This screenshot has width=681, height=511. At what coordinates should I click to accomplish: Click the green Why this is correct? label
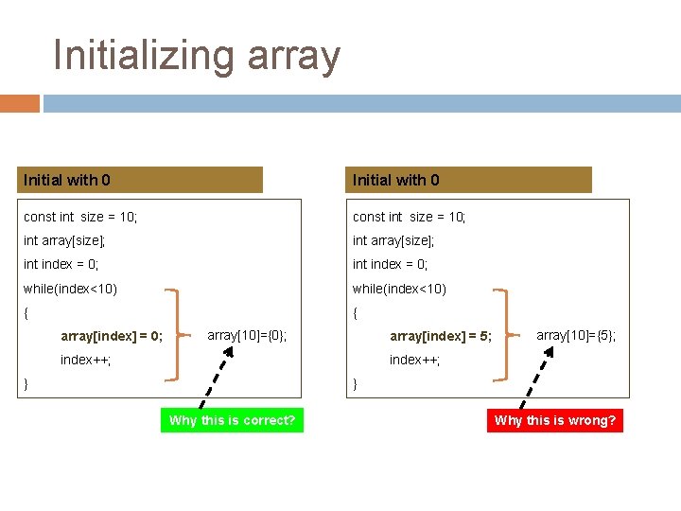(232, 420)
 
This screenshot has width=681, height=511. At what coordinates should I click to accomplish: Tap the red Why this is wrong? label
(555, 420)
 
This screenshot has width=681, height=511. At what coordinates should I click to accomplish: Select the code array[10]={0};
(247, 335)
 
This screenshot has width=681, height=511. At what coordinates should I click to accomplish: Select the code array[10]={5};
(576, 335)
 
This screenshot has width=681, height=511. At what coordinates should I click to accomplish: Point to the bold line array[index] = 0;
(112, 336)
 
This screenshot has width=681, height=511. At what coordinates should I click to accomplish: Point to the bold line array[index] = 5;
(441, 336)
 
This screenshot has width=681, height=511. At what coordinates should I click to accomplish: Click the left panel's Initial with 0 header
(142, 180)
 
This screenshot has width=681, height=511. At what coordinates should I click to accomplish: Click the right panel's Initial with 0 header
(471, 180)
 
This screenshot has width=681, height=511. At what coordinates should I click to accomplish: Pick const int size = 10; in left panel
(80, 218)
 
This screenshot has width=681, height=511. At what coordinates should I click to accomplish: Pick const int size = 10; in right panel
(410, 218)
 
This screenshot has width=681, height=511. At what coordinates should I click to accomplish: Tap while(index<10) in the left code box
(70, 289)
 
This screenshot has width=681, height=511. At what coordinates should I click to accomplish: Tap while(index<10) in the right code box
(399, 289)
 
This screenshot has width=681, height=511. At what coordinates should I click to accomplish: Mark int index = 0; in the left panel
(61, 265)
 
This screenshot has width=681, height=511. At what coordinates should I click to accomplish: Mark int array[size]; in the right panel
(393, 241)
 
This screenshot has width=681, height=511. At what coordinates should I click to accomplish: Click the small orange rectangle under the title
(20, 103)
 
